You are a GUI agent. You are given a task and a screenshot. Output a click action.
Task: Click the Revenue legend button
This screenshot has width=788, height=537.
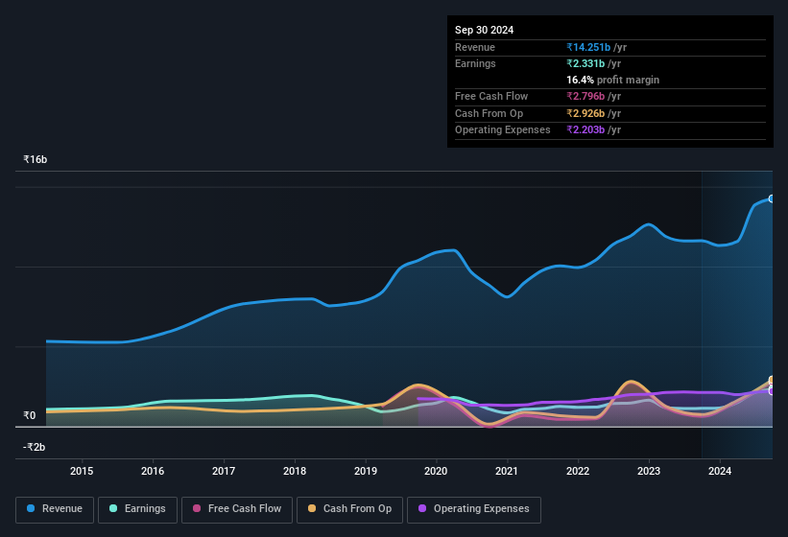tap(55, 509)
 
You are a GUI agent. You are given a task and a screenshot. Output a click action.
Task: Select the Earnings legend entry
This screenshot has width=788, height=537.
tap(136, 509)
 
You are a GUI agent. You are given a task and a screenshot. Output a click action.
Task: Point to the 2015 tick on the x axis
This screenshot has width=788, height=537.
tap(82, 471)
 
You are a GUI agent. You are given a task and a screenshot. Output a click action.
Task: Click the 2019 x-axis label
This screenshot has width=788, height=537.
tap(365, 471)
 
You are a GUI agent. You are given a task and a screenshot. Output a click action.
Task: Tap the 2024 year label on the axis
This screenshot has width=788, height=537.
tap(720, 471)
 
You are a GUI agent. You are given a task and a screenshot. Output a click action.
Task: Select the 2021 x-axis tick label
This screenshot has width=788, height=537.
tap(507, 471)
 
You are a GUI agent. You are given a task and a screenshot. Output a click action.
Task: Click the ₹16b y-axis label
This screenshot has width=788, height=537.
tap(36, 159)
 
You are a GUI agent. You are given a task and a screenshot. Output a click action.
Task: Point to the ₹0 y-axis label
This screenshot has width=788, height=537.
tap(29, 415)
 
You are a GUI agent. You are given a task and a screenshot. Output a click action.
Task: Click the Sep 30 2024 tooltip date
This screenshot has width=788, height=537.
tap(484, 30)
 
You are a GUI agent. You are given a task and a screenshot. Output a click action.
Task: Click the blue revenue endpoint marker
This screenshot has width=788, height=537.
tap(772, 198)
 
